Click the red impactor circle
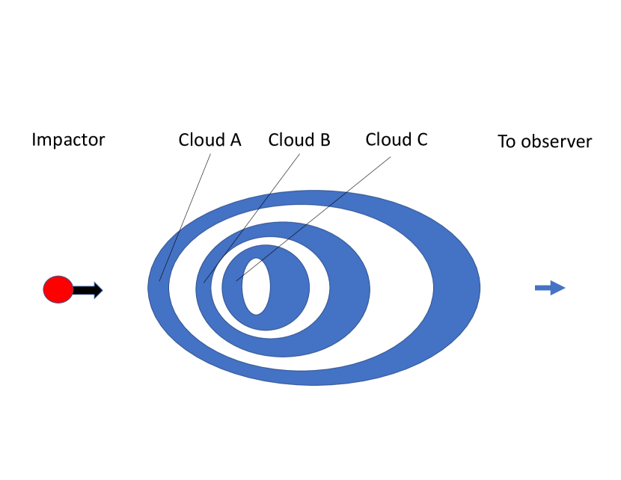point(58,289)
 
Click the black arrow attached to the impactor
point(88,290)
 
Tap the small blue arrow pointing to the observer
point(550,288)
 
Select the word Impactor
point(68,140)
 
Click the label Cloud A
point(209,140)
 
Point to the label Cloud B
point(299,140)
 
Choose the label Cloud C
point(397,140)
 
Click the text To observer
point(545,141)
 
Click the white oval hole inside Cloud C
point(256,286)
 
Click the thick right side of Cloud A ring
point(456,288)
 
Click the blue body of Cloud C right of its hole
point(288,287)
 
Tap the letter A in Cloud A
point(235,140)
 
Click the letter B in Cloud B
point(325,140)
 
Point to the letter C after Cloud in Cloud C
point(421,140)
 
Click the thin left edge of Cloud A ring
point(158,288)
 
